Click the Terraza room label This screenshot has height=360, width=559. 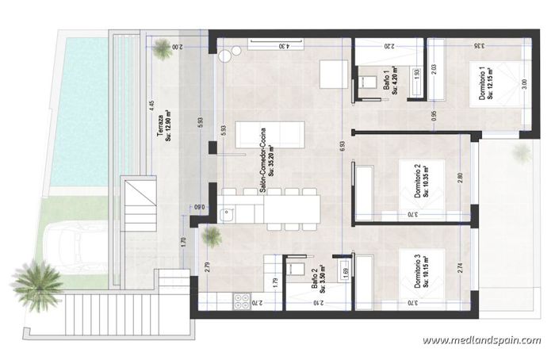pyautogui.click(x=163, y=126)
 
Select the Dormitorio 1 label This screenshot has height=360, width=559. pyautogui.click(x=486, y=84)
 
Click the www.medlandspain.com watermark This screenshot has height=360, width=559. pyautogui.click(x=481, y=341)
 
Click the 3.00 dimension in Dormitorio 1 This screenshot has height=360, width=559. pyautogui.click(x=523, y=83)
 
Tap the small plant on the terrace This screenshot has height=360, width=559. pyautogui.click(x=163, y=49)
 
